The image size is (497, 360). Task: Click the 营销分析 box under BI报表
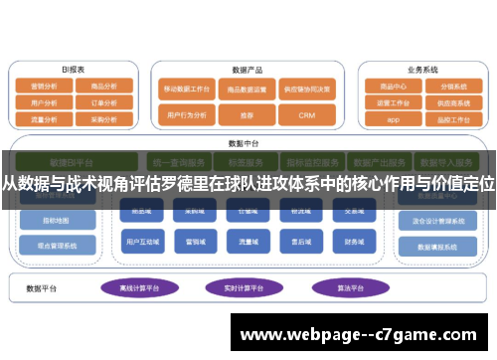pos(45,87)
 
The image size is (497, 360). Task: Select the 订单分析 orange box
pos(103,101)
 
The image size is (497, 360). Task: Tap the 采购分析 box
pos(103,116)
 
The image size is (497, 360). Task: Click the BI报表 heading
pos(74,70)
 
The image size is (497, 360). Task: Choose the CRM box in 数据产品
pos(305,115)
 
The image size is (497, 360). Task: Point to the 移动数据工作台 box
pos(186,88)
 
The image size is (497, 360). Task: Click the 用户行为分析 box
pos(186,115)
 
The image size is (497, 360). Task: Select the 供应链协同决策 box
pos(305,88)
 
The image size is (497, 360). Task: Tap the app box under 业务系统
pos(393,117)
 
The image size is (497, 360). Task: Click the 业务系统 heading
pos(421,70)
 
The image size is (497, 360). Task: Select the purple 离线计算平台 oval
pos(140,287)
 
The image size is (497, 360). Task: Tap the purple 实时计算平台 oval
pos(244,287)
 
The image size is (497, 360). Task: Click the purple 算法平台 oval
pos(343,287)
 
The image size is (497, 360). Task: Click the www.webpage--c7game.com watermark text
pos(362,335)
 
